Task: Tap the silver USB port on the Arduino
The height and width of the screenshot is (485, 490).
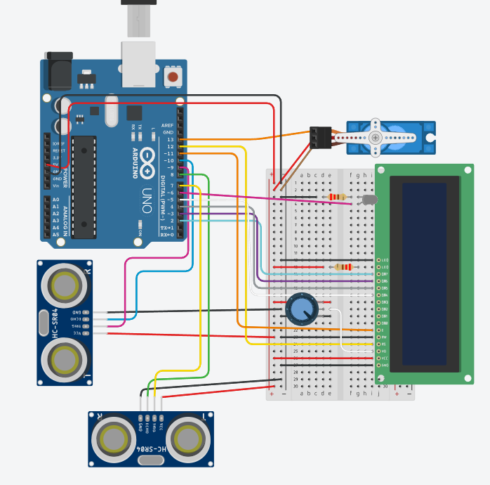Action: [x=138, y=63]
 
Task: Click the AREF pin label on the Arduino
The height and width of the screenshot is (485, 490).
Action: [x=167, y=125]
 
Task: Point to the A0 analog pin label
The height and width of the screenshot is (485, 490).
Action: [x=55, y=200]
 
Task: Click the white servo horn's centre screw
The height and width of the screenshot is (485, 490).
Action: [x=376, y=136]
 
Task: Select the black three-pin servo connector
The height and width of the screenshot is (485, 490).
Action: [x=320, y=137]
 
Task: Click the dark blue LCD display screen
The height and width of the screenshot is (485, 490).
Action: [x=425, y=274]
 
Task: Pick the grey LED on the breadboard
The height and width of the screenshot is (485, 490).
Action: [x=368, y=200]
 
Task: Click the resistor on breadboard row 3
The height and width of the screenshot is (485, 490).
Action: [x=337, y=197]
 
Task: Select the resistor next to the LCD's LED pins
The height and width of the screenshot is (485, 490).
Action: [x=343, y=267]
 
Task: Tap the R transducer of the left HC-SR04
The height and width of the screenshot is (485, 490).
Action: [x=64, y=285]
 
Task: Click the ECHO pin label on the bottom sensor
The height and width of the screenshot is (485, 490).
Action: [x=147, y=426]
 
